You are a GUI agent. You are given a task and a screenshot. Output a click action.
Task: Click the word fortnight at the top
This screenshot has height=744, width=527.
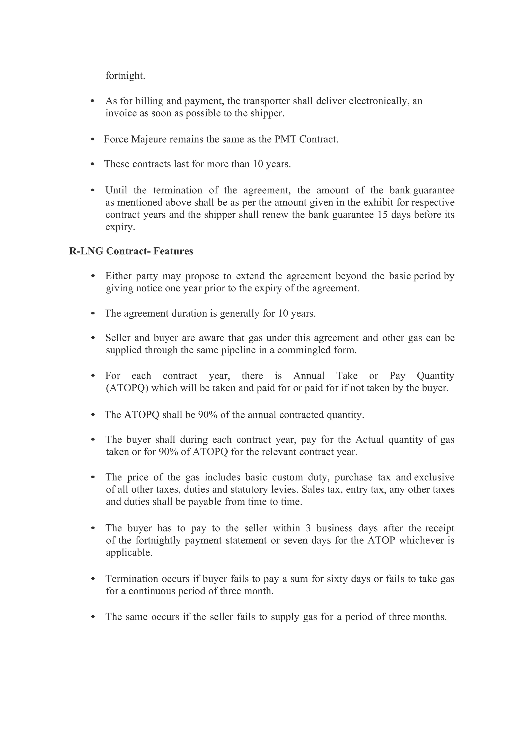[x=125, y=76]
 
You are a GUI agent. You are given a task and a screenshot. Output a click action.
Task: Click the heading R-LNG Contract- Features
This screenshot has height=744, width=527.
[x=131, y=251]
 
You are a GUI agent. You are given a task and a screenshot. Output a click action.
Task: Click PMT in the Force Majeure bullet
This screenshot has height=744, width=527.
[x=285, y=139]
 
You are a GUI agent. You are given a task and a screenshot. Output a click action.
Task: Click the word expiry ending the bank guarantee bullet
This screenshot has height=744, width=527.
[x=120, y=227]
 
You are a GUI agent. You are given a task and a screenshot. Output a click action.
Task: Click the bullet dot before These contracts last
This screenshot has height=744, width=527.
[x=92, y=164]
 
